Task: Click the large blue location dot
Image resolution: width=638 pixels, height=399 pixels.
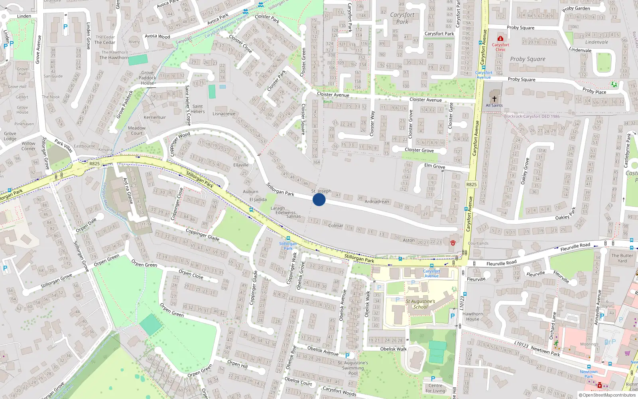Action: point(319,199)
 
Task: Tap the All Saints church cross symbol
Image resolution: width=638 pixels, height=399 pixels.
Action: point(494,99)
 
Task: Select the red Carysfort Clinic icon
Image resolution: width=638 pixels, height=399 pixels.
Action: point(500,39)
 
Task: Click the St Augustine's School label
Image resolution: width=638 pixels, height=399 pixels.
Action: point(420,304)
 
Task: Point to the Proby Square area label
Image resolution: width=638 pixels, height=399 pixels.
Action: point(528,59)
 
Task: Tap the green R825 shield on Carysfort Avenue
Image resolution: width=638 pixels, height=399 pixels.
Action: point(471,184)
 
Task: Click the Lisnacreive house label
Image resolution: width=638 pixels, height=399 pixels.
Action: point(224,114)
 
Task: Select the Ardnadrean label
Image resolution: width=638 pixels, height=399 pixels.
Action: point(377,201)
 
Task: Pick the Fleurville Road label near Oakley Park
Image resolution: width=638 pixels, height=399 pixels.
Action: point(575,247)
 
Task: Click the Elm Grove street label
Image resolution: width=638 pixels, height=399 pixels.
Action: point(435,166)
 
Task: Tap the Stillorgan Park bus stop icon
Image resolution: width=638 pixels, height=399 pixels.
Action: point(288,239)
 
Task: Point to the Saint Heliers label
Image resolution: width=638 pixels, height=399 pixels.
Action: point(198,109)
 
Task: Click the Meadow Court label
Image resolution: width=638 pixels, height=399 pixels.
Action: point(137,130)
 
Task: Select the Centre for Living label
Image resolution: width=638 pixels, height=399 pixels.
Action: point(435,388)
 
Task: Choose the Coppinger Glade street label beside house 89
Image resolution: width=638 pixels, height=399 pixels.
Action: point(203,234)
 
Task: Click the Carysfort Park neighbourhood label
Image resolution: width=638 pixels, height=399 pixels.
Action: point(402,18)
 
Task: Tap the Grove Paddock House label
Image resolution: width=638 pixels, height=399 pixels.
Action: point(148,78)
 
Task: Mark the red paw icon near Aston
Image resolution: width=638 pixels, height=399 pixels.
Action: point(453,243)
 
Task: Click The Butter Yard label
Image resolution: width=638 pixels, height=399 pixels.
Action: point(622,258)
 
